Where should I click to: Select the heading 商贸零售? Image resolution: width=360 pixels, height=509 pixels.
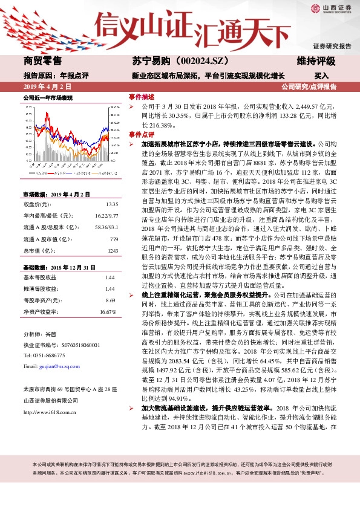pos(43,61)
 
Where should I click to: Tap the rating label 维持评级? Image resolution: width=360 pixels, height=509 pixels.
pos(316,61)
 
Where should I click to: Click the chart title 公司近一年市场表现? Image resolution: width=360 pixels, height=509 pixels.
pos(48,97)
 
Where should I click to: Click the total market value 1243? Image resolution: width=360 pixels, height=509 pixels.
pos(111,250)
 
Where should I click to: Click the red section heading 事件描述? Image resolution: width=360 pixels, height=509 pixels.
pos(142,96)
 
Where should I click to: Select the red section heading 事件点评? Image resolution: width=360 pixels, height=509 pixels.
pos(142,135)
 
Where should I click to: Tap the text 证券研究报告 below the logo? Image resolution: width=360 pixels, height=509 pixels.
pos(332,46)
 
